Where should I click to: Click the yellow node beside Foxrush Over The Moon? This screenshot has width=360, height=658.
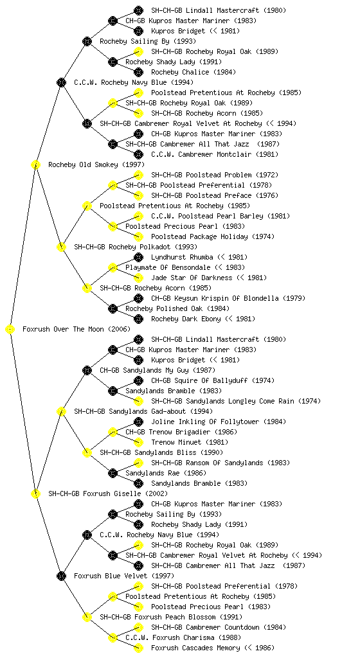pyautogui.click(x=10, y=330)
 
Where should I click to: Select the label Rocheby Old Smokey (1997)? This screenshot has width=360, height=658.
pyautogui.click(x=96, y=165)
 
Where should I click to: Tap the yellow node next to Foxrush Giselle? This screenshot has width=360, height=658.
pyautogui.click(x=35, y=494)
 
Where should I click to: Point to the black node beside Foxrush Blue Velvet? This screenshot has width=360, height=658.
pyautogui.click(x=61, y=576)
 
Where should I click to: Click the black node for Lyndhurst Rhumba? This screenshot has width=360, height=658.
pyautogui.click(x=138, y=257)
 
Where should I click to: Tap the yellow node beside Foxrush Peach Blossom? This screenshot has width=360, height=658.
pyautogui.click(x=87, y=618)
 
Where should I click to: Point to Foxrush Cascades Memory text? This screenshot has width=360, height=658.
pyautogui.click(x=195, y=648)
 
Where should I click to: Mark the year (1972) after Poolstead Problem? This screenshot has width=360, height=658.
pyautogui.click(x=266, y=175)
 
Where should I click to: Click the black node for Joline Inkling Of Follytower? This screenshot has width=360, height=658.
pyautogui.click(x=138, y=422)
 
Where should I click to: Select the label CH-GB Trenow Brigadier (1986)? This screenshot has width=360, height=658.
pyautogui.click(x=181, y=432)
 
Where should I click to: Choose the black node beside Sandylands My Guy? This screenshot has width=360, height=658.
pyautogui.click(x=87, y=371)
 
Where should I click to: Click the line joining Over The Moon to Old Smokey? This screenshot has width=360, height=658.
pyautogui.click(x=22, y=247)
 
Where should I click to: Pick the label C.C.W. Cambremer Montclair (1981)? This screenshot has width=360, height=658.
pyautogui.click(x=215, y=154)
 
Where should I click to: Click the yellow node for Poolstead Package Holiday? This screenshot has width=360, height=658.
pyautogui.click(x=138, y=236)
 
